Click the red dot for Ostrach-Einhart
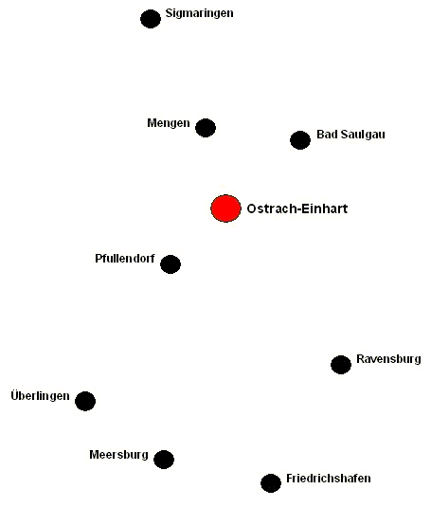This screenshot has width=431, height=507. (x=225, y=208)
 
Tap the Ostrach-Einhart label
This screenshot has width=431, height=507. (x=297, y=208)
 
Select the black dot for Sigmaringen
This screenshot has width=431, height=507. (x=151, y=19)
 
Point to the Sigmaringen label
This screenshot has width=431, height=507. (x=199, y=13)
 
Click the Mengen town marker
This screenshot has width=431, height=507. (x=206, y=128)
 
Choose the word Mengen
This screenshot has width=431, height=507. (x=169, y=123)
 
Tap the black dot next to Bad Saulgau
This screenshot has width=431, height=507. (x=300, y=140)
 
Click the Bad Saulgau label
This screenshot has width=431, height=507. (x=350, y=135)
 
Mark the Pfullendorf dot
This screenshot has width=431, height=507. (x=171, y=264)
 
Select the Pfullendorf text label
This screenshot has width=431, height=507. (x=125, y=259)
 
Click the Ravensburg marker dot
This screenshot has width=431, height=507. (x=341, y=365)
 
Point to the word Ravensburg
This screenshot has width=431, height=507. (x=388, y=359)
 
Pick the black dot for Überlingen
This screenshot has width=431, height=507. (x=85, y=401)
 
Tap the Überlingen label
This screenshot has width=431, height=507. (x=40, y=396)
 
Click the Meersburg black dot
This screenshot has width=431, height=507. (x=164, y=460)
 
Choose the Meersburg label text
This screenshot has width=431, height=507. (x=119, y=455)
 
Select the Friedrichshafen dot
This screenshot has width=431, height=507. (x=271, y=483)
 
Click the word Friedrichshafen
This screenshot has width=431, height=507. (x=329, y=479)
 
